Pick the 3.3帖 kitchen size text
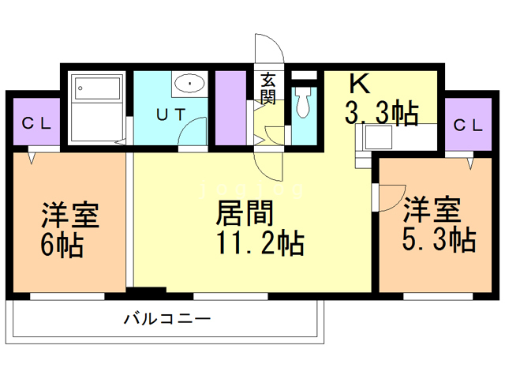[381, 115]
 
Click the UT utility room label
[171, 114]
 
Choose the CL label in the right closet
[469, 124]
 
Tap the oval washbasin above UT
[189, 83]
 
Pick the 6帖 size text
[62, 244]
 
